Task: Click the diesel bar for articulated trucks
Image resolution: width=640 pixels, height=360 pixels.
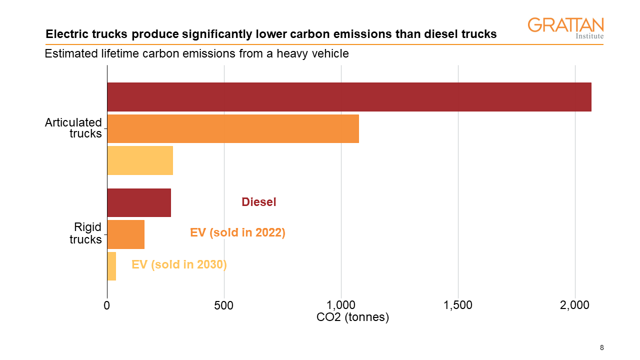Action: click(x=349, y=97)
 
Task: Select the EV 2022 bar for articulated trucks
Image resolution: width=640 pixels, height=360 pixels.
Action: click(x=233, y=129)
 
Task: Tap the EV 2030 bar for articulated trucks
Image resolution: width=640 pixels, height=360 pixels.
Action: click(x=140, y=160)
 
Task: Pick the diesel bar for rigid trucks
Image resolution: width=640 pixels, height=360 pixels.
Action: click(x=139, y=203)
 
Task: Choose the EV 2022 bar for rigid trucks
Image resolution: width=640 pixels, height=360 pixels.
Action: click(x=126, y=234)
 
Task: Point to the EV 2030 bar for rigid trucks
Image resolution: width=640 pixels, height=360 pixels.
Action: click(x=112, y=266)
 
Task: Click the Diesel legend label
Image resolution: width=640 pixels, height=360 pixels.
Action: click(x=258, y=202)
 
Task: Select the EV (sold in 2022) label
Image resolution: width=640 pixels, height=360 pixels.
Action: click(x=237, y=232)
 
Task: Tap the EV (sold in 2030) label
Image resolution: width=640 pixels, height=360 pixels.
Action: click(x=179, y=264)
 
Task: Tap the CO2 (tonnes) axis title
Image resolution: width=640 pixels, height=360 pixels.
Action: click(x=352, y=317)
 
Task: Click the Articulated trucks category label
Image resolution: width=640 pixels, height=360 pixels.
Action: click(x=73, y=128)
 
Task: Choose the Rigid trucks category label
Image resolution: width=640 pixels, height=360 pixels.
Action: click(x=85, y=233)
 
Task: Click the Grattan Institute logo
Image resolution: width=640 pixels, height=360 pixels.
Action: click(x=565, y=27)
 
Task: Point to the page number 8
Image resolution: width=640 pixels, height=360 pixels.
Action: click(x=601, y=347)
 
